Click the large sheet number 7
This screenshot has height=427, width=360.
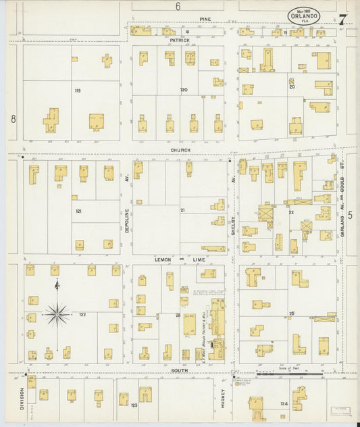[342, 20]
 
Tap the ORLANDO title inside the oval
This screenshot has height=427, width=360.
[304, 16]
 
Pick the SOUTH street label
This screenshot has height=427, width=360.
[179, 370]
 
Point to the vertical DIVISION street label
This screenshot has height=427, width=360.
[22, 398]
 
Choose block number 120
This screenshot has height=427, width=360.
[184, 89]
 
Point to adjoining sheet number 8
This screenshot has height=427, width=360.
[13, 119]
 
